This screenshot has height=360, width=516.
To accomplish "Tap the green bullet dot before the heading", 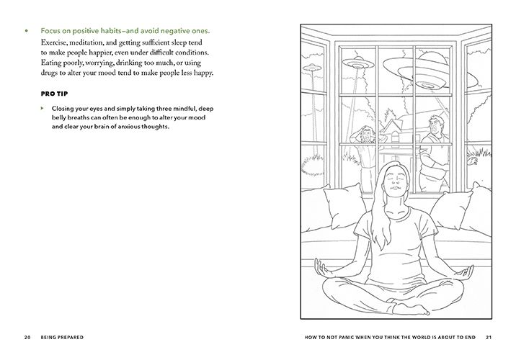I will click(26, 32).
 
